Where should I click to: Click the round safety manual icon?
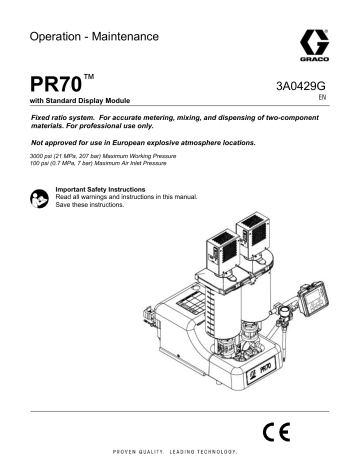tap(41, 197)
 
